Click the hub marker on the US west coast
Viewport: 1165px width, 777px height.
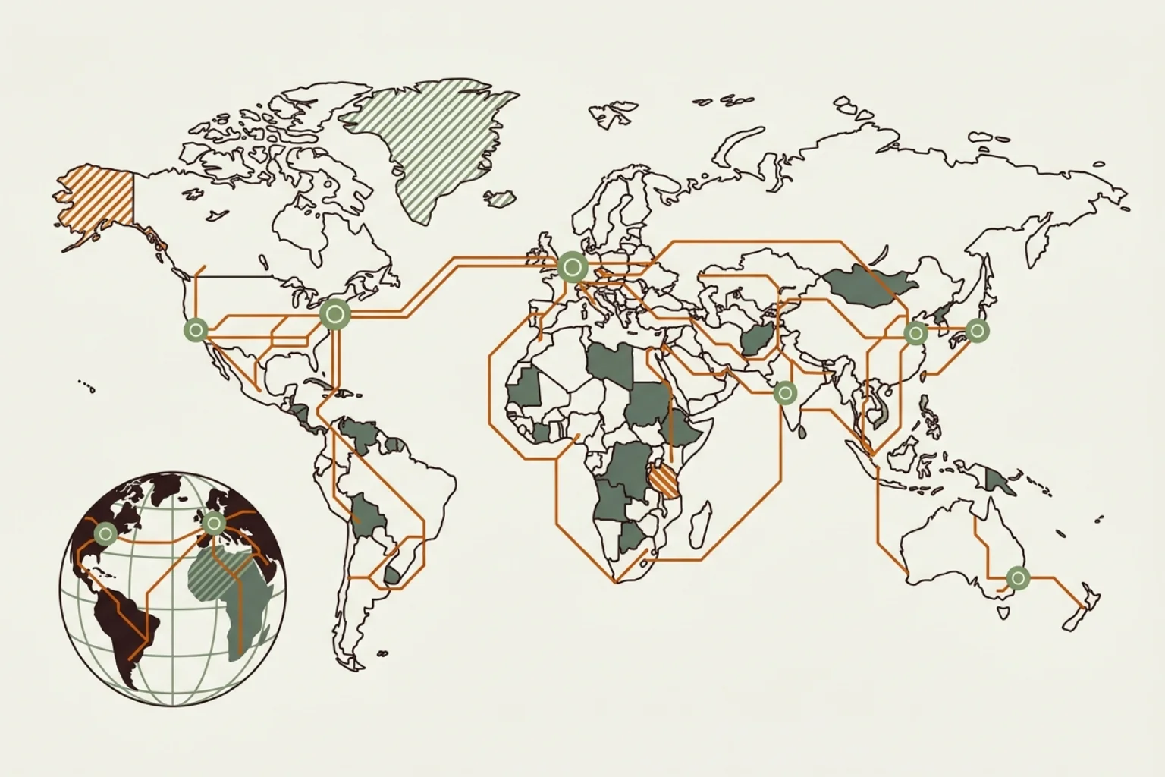pyautogui.click(x=196, y=330)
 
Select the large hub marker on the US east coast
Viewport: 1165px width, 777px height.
pyautogui.click(x=333, y=313)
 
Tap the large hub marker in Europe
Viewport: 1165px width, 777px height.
pyautogui.click(x=572, y=267)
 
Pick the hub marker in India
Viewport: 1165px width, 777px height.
pyautogui.click(x=785, y=393)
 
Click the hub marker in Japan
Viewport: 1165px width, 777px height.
pyautogui.click(x=978, y=330)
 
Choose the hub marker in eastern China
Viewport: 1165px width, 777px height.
pyautogui.click(x=915, y=332)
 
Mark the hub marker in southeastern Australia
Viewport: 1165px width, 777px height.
pyautogui.click(x=1018, y=578)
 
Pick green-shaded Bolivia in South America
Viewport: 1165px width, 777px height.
pyautogui.click(x=368, y=516)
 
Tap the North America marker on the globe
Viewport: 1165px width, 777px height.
pyautogui.click(x=103, y=533)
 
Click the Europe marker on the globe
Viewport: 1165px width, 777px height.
pyautogui.click(x=213, y=522)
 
